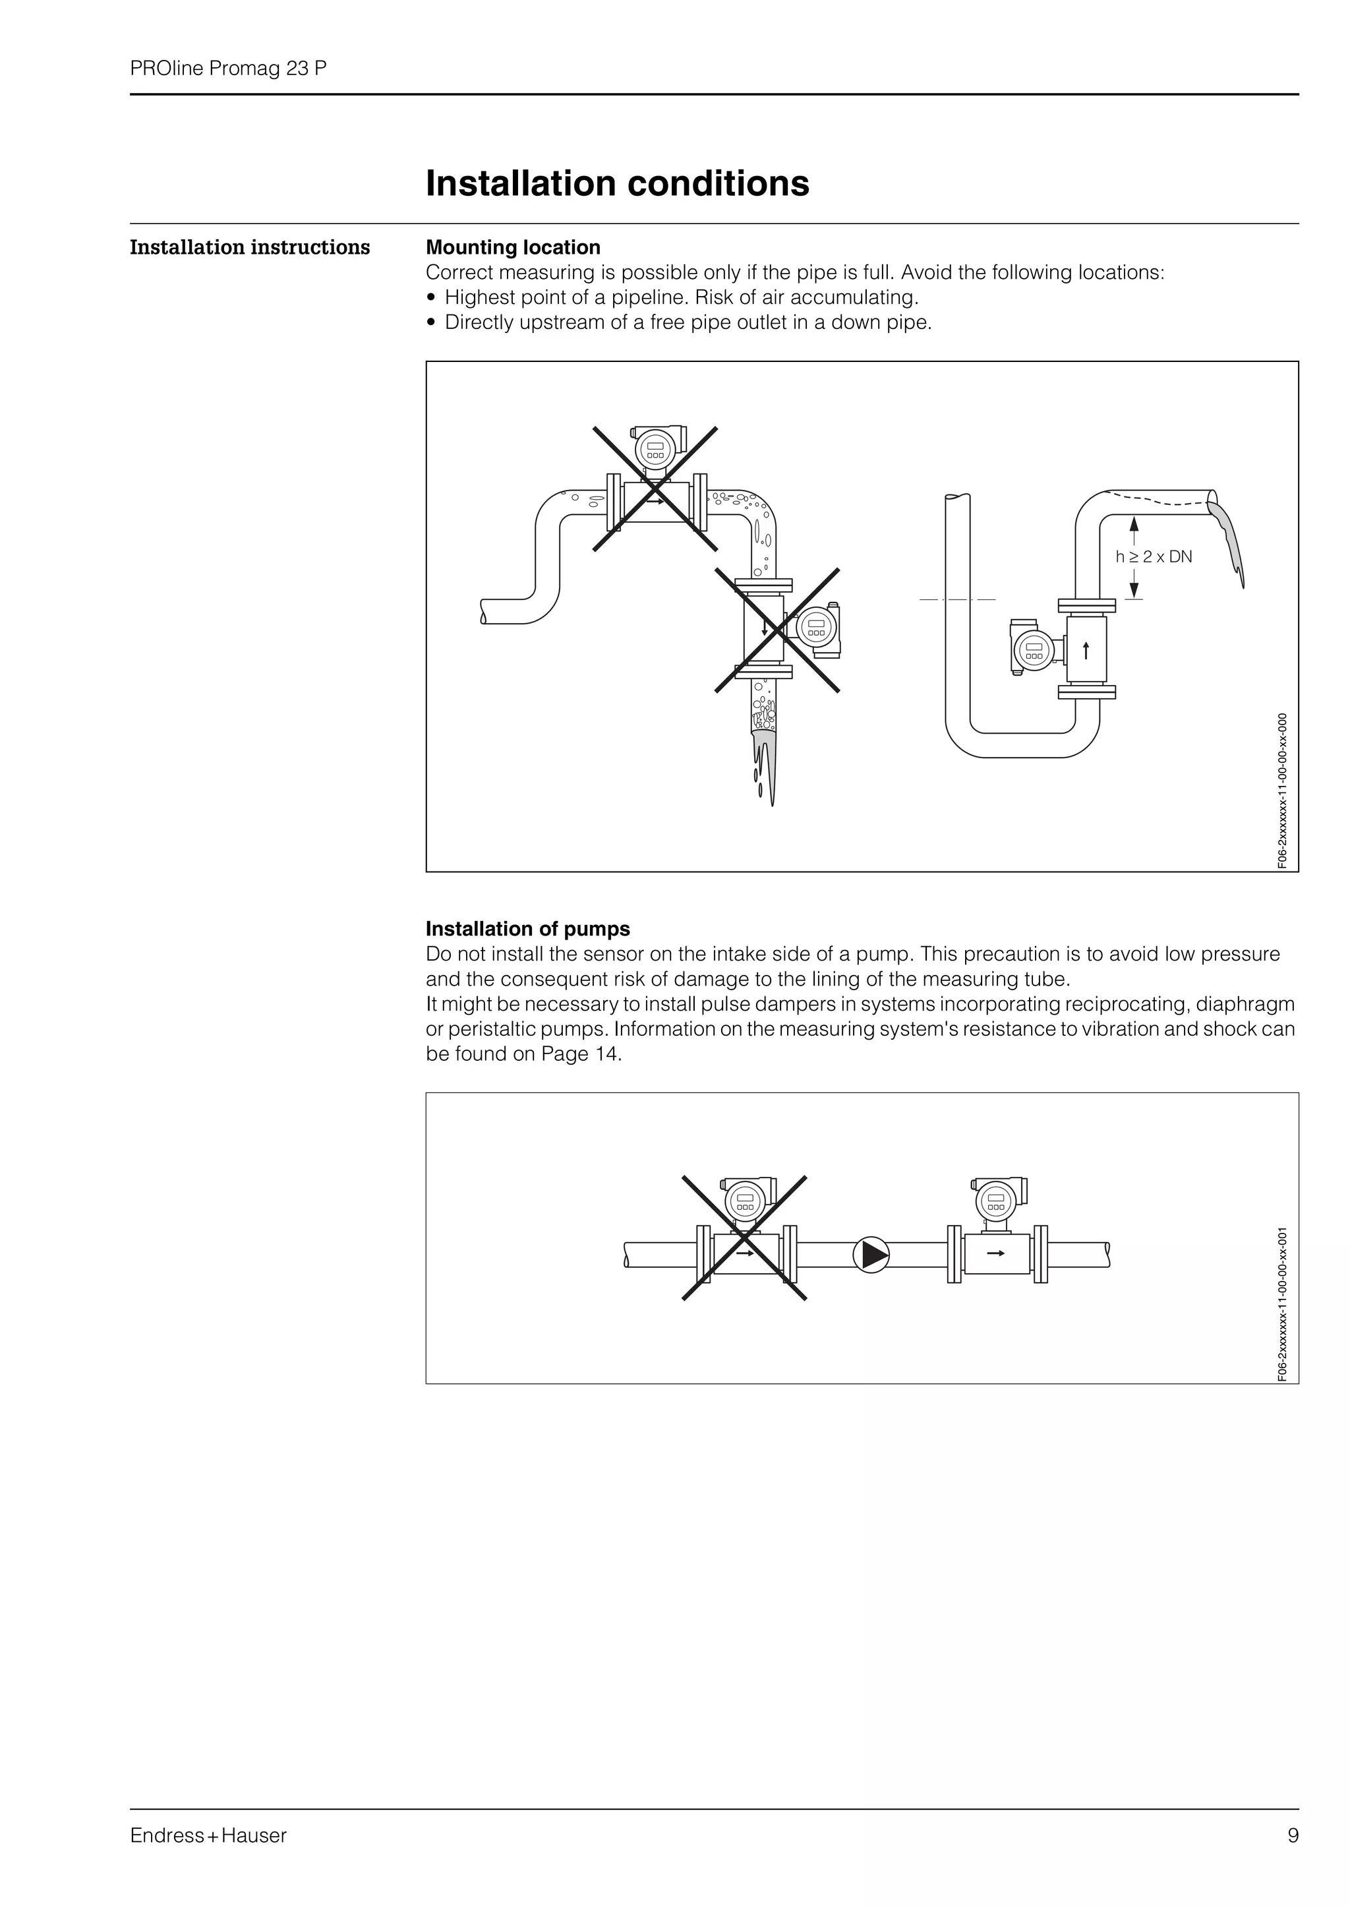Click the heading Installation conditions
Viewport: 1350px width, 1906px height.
pos(617,184)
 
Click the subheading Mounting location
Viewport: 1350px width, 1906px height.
pos(513,248)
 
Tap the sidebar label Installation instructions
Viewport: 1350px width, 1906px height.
pos(249,248)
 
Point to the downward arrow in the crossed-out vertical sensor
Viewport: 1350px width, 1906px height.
pos(764,628)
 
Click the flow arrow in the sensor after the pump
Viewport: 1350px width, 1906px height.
pos(995,1253)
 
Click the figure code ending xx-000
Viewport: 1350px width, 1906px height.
pos(1283,790)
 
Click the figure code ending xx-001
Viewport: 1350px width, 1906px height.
pos(1283,1303)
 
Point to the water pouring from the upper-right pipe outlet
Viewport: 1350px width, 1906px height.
pos(1228,536)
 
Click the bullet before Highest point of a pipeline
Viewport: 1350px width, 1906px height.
pos(430,297)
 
